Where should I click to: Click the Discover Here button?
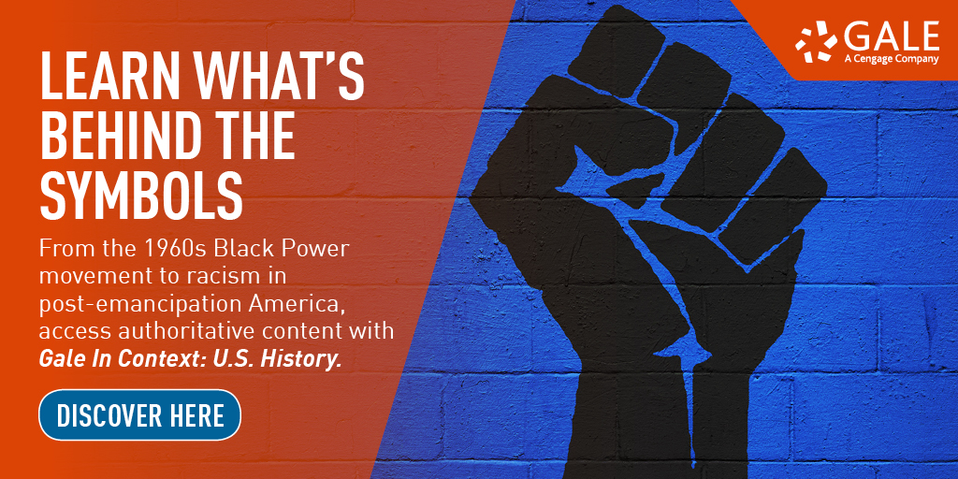[x=140, y=414]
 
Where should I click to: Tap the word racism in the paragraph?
[x=221, y=277]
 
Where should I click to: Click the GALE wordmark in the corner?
[x=892, y=37]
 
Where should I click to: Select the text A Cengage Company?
[x=892, y=59]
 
